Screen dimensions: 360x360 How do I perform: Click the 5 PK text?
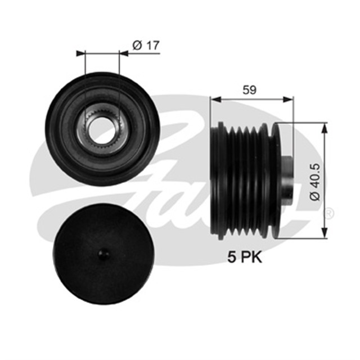245,258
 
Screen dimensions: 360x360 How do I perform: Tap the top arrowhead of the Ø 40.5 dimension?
323,127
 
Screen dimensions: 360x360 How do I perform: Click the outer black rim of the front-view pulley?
56,129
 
